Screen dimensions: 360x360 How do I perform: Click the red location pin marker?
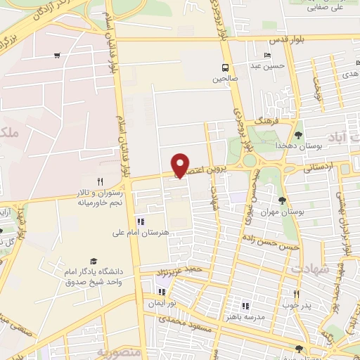181,166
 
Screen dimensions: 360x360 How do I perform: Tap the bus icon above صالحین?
224,68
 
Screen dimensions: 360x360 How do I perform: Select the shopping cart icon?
56,56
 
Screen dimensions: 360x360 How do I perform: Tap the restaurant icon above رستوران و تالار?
100,181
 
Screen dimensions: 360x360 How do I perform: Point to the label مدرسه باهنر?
245,316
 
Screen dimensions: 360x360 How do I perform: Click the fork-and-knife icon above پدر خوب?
296,294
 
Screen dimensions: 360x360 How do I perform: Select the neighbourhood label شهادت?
307,269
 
